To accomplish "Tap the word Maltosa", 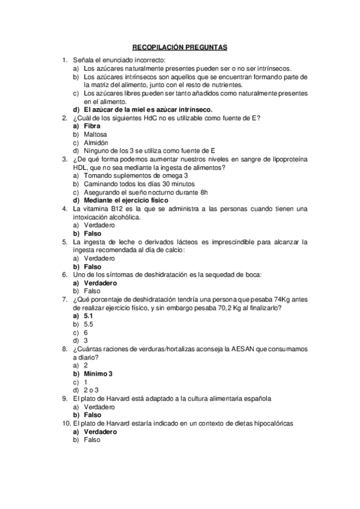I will [x=95, y=135].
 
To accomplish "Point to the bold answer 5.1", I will [x=89, y=315].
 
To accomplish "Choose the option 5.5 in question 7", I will [x=89, y=324].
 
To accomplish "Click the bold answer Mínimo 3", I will [x=98, y=373].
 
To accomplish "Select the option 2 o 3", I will [x=91, y=389].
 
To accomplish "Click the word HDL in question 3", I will [x=80, y=168].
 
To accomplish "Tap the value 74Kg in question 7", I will [x=285, y=299].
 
